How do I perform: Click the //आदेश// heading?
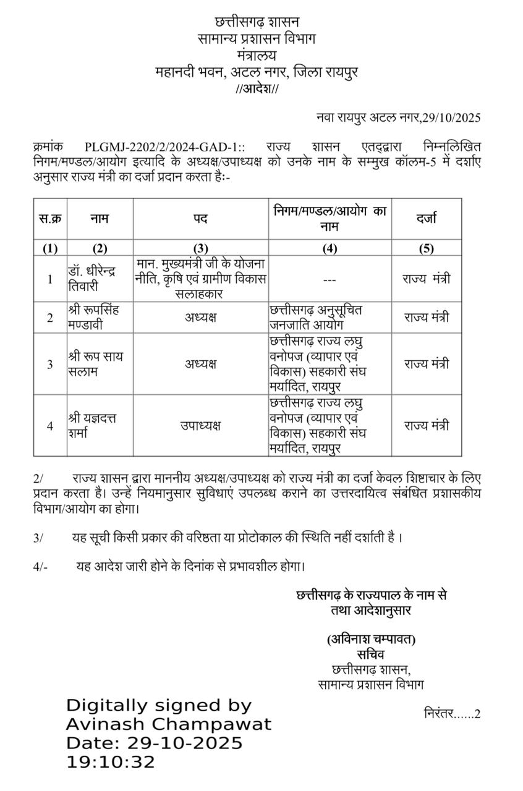[257, 89]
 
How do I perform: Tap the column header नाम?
[100, 218]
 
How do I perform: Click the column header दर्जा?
[427, 218]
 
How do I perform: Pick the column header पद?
[200, 218]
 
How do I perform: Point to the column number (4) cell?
[330, 248]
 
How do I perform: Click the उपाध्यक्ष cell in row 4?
[200, 426]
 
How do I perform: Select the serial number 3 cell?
[50, 364]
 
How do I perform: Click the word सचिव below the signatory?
[371, 654]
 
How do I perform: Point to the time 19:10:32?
[111, 762]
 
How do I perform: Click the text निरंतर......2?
[452, 714]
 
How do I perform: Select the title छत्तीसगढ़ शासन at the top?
[256, 22]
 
